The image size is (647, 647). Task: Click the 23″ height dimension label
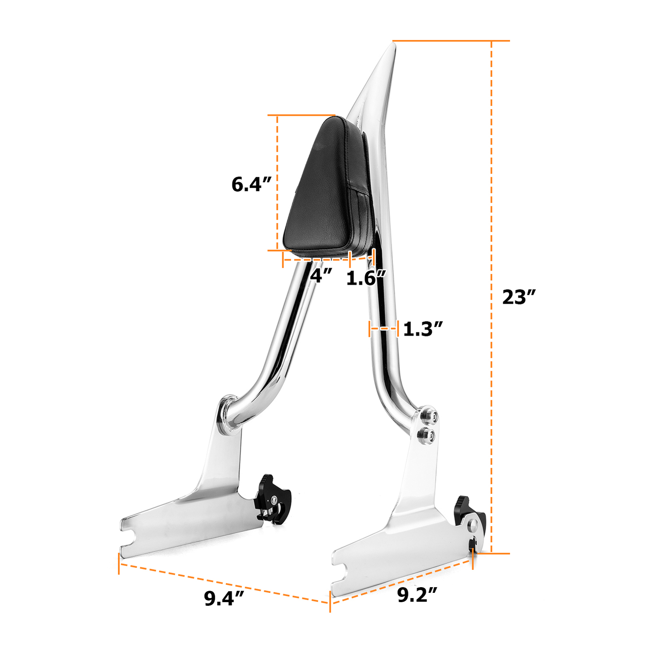point(518,297)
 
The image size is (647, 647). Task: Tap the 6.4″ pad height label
point(251,184)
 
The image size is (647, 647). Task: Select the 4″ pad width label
point(321,276)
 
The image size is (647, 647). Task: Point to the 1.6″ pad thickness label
point(366,278)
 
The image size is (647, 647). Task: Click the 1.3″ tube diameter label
point(423,329)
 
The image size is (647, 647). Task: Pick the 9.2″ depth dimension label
point(417,595)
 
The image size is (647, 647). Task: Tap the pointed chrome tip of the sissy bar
point(391,51)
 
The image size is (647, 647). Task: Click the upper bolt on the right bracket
point(429,416)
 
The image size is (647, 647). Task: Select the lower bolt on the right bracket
point(426,436)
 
